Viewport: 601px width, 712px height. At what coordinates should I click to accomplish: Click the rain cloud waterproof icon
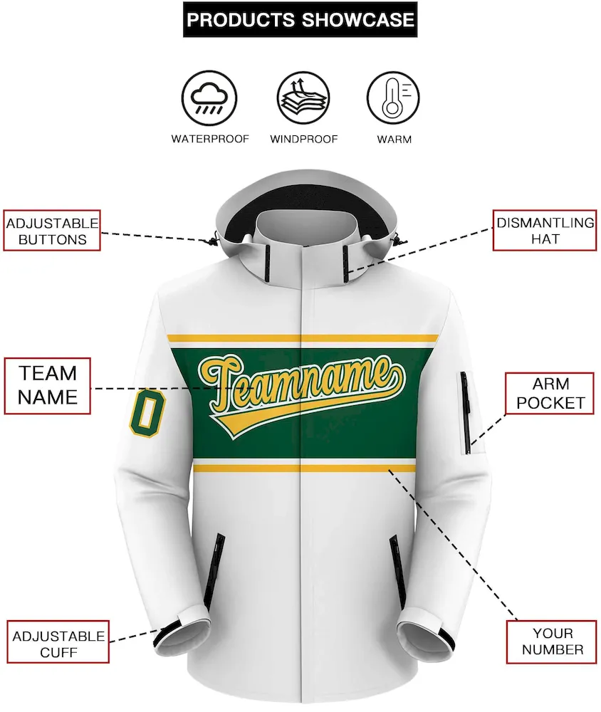(x=209, y=98)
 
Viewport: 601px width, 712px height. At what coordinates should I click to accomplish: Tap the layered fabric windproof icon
(x=303, y=98)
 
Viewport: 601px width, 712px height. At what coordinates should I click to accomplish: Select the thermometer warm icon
(x=393, y=98)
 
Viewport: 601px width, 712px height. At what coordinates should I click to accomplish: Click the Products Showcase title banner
(x=300, y=19)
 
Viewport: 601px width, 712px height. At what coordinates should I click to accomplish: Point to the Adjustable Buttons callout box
(x=52, y=231)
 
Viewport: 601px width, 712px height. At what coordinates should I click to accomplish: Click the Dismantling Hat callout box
(x=545, y=230)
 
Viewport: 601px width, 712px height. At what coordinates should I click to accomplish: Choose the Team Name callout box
(x=47, y=385)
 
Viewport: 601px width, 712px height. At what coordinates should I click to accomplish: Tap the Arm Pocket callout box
(x=550, y=393)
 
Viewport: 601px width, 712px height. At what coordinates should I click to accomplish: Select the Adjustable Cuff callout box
(x=58, y=642)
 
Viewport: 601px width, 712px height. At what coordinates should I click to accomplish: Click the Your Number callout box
(x=552, y=642)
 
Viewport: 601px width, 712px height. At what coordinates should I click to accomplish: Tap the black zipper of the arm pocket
(x=466, y=412)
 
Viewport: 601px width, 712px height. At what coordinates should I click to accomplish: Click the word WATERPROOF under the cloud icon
(x=210, y=139)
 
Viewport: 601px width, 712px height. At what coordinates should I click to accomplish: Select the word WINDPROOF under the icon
(x=303, y=139)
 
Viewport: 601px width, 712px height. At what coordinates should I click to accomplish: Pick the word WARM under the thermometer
(x=394, y=140)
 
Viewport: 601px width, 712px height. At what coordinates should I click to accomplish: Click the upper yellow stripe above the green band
(x=303, y=338)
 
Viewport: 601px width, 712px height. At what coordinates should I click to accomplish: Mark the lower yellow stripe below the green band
(x=304, y=468)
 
